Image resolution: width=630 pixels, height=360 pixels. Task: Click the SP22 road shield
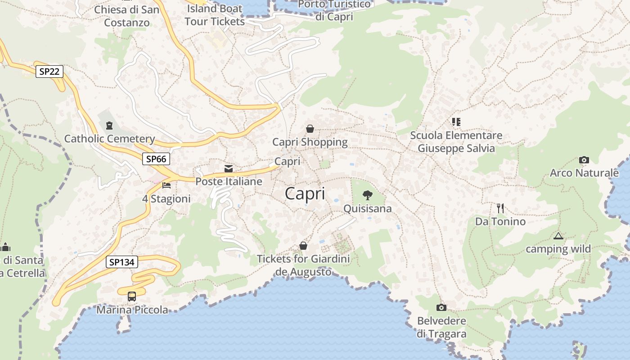49,72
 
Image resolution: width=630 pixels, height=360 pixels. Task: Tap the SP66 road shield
156,159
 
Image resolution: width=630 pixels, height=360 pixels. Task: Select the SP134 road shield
122,262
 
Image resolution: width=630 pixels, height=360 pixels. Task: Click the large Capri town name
305,193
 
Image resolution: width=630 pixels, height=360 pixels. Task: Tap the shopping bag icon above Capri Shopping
310,129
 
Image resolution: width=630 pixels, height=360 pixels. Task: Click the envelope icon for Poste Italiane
229,169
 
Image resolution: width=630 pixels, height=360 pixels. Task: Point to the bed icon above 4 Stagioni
166,185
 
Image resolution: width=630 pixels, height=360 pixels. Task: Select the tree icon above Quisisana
368,195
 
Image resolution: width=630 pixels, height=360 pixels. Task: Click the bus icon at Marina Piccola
132,297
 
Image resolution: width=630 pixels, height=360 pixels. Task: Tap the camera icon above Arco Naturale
584,160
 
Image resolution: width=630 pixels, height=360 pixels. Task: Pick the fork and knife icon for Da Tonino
500,208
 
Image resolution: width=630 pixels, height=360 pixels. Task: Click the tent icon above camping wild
558,236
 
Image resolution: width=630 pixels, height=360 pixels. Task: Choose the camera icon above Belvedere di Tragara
441,308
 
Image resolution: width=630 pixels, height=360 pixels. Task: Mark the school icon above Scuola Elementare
456,122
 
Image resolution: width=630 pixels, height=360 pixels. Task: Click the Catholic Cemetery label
109,139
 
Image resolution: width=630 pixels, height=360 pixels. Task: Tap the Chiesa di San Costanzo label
127,16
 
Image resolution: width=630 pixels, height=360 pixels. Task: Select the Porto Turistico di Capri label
334,10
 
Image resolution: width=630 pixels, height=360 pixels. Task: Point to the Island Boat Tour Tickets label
215,15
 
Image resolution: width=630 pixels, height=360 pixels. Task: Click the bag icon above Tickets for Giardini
303,246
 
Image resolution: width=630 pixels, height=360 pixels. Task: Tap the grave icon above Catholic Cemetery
109,126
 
